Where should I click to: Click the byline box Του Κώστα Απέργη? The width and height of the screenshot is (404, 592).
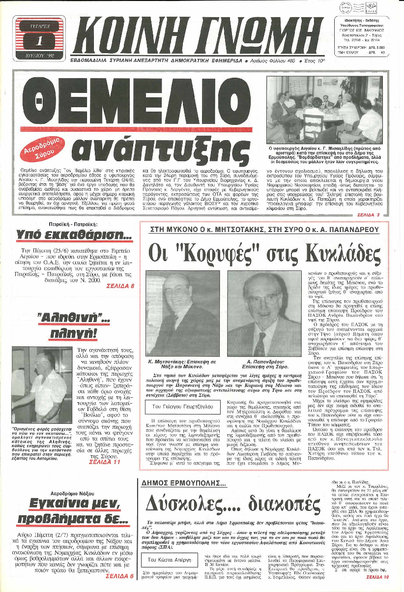pyautogui.click(x=169, y=560)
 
